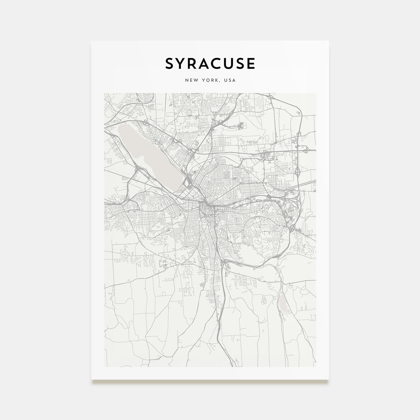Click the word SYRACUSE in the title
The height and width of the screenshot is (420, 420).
(x=210, y=64)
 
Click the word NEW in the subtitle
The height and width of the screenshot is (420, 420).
(x=190, y=80)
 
